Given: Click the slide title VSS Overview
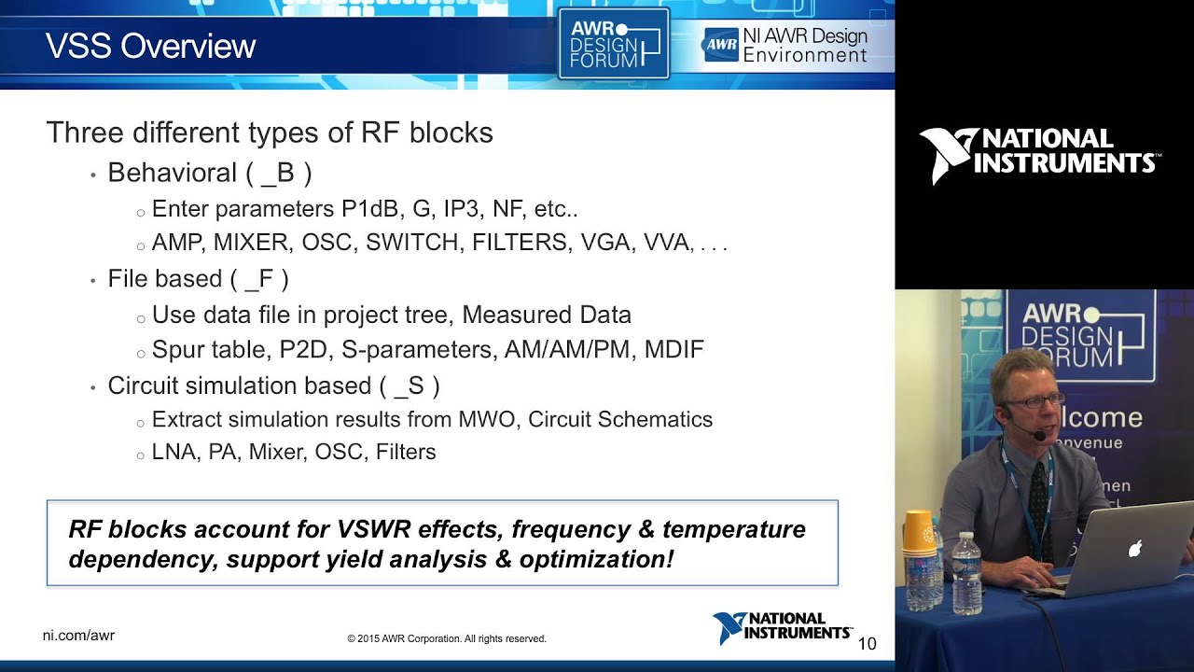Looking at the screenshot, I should click(x=150, y=46).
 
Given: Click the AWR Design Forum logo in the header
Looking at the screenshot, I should click(x=613, y=44).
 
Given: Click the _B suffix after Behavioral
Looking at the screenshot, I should click(x=279, y=174).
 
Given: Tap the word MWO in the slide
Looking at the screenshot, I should click(x=486, y=419).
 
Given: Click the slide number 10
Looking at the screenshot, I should click(x=867, y=643).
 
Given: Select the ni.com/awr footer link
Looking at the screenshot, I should click(x=78, y=636).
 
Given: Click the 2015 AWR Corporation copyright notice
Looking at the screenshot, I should click(x=446, y=638).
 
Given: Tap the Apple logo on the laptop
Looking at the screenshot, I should click(x=1135, y=549).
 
